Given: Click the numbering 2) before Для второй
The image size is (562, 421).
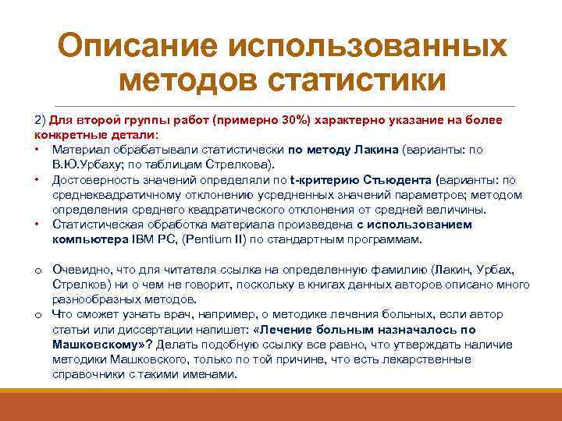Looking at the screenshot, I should click(x=40, y=121).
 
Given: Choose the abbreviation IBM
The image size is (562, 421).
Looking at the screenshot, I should click(x=143, y=239).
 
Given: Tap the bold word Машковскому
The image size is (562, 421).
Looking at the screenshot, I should click(x=99, y=344).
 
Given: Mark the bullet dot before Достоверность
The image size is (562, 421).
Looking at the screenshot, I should click(x=37, y=180).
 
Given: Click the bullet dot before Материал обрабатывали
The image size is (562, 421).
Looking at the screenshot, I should click(x=37, y=149).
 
